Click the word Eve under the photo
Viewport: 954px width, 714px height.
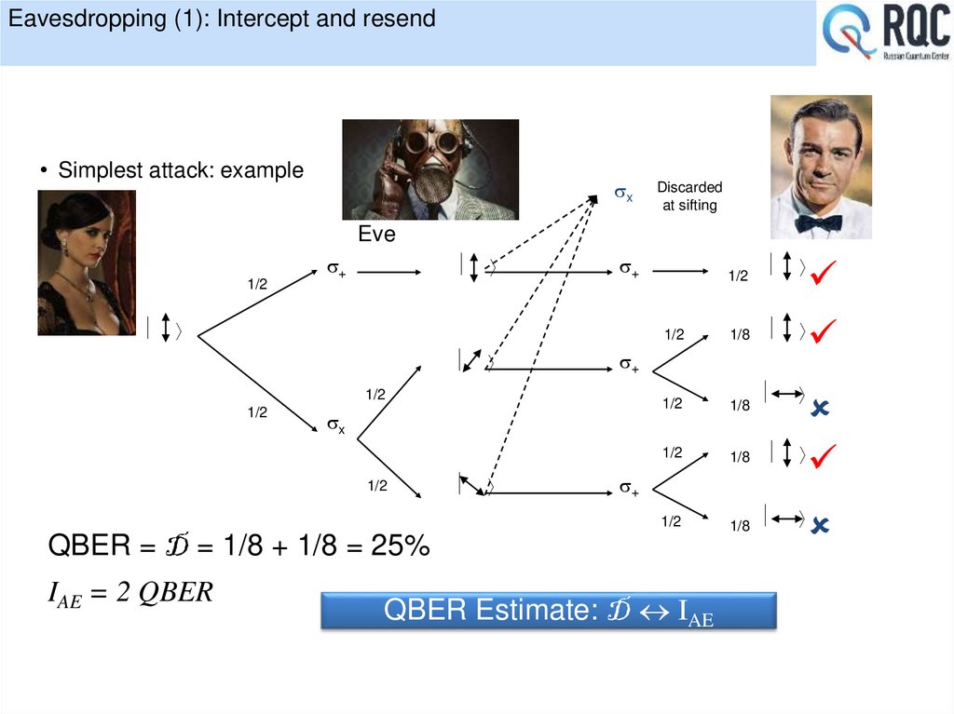pyautogui.click(x=376, y=235)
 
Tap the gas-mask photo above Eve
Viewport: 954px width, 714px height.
pyautogui.click(x=430, y=169)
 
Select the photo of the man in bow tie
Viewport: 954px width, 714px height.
pyautogui.click(x=821, y=167)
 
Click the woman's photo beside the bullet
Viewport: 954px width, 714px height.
pyautogui.click(x=87, y=263)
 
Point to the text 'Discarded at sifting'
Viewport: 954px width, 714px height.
pyautogui.click(x=689, y=196)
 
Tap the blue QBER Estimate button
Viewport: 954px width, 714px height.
pyautogui.click(x=549, y=611)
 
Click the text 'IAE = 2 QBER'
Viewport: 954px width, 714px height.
pyautogui.click(x=130, y=593)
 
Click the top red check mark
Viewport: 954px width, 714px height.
pyautogui.click(x=824, y=273)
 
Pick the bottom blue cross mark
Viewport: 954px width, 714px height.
pyautogui.click(x=821, y=526)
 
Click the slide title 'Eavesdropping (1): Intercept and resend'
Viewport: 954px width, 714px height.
pyautogui.click(x=218, y=19)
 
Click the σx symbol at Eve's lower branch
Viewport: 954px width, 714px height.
pyautogui.click(x=335, y=426)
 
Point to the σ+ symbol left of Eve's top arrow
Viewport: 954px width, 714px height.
pyautogui.click(x=335, y=270)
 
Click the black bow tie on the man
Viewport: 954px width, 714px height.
pyautogui.click(x=818, y=222)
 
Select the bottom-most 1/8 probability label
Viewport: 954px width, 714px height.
pyautogui.click(x=740, y=526)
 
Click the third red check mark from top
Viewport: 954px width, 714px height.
pyautogui.click(x=824, y=456)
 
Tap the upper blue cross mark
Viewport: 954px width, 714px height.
pyautogui.click(x=821, y=407)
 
